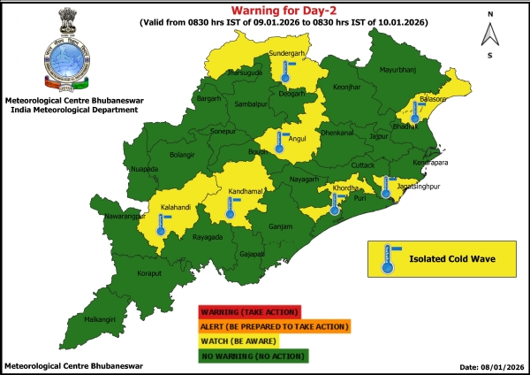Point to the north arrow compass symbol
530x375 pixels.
488,35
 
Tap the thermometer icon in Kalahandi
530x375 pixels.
161,223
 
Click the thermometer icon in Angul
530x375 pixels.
280,143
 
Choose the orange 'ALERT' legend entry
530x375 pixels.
275,326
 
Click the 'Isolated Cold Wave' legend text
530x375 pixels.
450,260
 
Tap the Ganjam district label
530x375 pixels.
281,226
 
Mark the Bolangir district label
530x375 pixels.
182,155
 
